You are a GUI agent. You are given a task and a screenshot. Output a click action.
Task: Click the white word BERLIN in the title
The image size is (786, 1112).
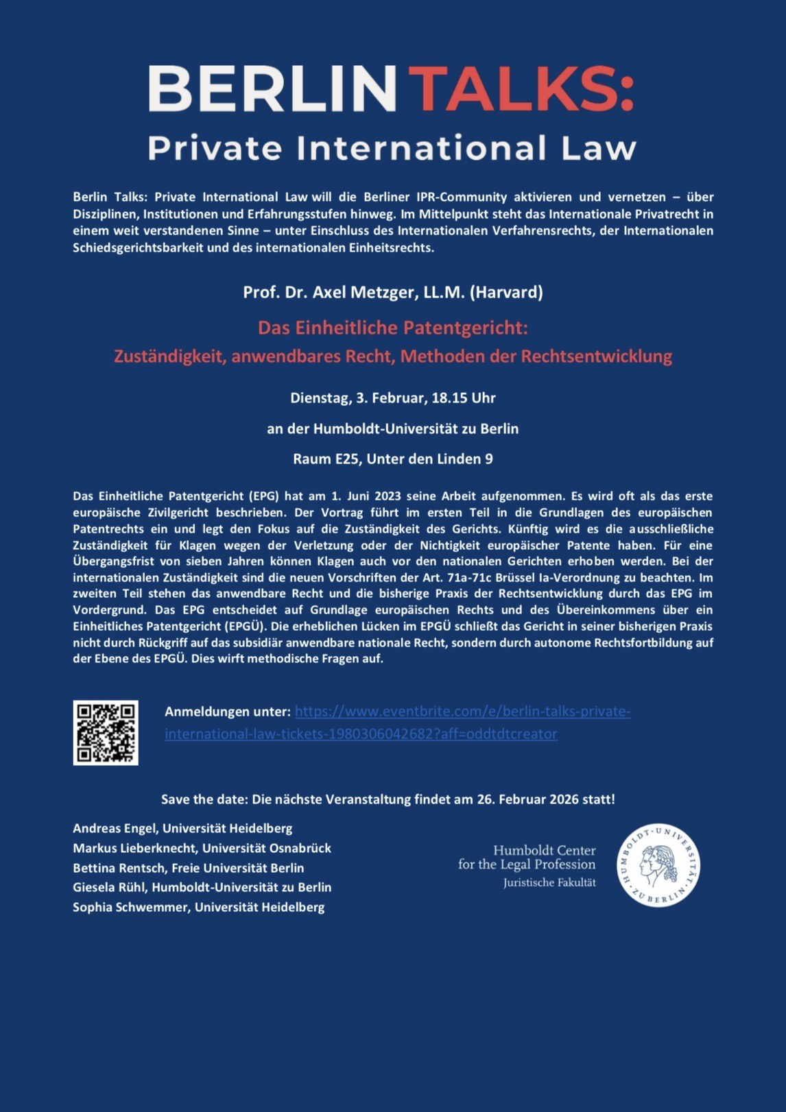click(x=272, y=89)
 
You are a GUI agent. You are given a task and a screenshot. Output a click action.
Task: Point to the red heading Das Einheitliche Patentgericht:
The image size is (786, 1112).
click(x=392, y=328)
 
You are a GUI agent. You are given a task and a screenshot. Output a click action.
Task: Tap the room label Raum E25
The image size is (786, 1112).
click(x=326, y=459)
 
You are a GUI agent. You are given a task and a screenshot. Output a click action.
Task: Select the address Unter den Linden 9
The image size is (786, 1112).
click(x=429, y=459)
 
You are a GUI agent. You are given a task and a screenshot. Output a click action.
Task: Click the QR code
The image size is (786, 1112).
click(x=106, y=732)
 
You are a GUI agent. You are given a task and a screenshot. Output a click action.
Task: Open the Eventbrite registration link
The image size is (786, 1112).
click(x=462, y=712)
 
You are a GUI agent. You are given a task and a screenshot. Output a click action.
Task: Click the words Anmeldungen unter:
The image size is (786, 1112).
click(x=227, y=712)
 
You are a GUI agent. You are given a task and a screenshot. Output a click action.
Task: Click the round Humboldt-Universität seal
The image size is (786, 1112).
click(x=658, y=865)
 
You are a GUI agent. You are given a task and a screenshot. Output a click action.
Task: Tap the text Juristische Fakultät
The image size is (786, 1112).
click(x=549, y=882)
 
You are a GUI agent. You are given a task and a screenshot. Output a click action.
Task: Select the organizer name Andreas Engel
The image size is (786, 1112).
click(x=115, y=828)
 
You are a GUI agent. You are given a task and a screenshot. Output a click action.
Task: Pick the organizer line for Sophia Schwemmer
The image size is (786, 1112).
click(x=199, y=907)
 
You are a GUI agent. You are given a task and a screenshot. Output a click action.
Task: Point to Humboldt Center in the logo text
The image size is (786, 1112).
click(x=544, y=850)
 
